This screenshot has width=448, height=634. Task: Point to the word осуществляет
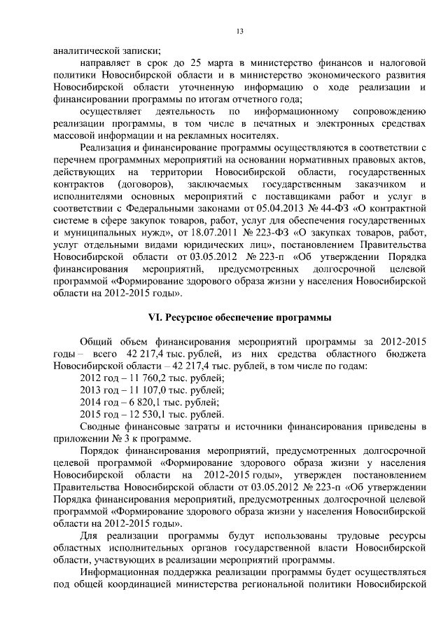tap(112, 111)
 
